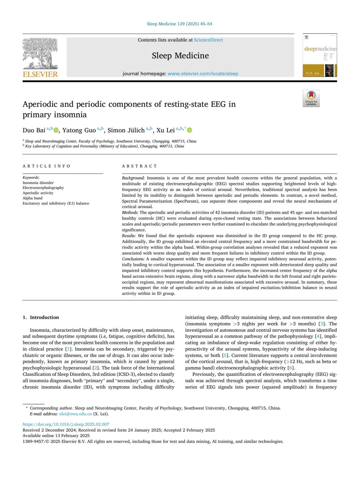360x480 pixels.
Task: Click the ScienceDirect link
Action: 208,40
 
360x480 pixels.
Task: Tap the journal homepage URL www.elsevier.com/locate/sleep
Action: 203,74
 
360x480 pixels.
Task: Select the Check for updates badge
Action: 311,98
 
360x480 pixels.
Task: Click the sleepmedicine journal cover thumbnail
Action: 320,55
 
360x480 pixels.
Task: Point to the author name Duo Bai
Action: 34,130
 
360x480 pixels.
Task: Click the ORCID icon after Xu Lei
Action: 190,130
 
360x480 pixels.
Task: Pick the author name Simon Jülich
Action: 126,130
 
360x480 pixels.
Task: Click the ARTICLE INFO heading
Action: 46,166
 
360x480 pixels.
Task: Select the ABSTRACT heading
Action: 139,166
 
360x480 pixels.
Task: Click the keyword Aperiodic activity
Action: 38,193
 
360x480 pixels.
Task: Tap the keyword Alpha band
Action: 32,198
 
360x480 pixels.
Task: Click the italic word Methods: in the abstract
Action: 130,213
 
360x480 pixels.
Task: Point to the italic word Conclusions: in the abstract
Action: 133,259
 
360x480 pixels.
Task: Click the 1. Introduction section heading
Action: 41,317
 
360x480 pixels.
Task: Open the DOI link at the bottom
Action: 66,424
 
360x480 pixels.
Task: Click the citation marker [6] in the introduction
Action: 291,368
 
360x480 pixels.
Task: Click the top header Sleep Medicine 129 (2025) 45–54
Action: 179,24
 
